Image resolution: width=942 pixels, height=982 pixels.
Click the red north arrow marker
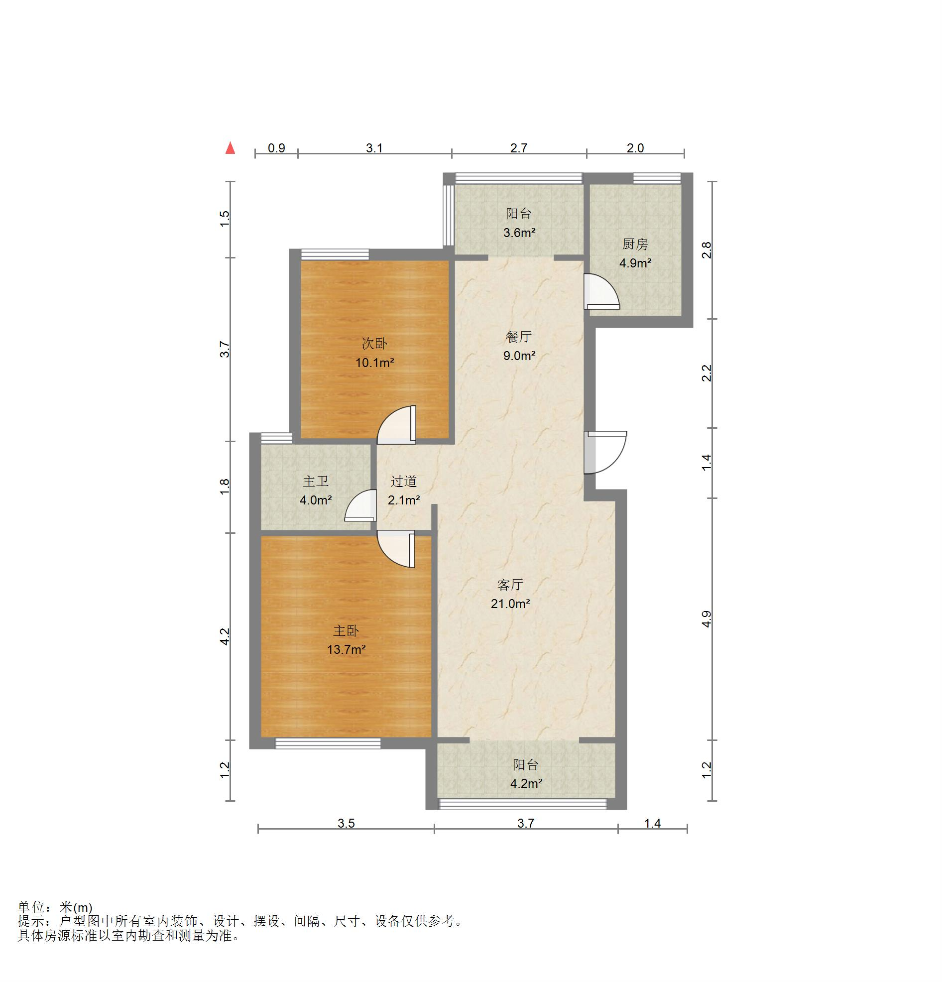(230, 148)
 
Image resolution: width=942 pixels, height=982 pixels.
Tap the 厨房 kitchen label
(635, 244)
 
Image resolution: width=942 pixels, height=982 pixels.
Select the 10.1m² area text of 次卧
(374, 362)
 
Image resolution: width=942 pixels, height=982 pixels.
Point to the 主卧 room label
(346, 631)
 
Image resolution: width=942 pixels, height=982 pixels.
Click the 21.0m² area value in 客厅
(510, 604)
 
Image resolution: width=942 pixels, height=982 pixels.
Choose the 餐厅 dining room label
(519, 337)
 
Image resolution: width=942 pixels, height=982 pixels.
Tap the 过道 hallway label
(403, 482)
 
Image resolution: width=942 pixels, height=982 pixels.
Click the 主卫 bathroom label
(316, 482)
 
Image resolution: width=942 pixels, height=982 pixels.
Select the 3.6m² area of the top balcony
(519, 233)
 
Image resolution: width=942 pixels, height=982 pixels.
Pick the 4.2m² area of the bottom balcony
(526, 783)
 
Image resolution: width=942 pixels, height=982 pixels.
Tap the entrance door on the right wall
(605, 452)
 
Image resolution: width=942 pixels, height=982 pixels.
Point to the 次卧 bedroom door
(396, 424)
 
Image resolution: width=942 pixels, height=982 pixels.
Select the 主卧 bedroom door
(396, 549)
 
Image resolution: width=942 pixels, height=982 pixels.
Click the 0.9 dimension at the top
(276, 148)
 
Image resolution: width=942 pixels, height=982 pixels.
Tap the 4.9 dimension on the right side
(706, 619)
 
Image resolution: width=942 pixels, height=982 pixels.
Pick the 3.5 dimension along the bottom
(346, 823)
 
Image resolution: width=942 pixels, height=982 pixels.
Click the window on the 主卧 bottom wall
(328, 744)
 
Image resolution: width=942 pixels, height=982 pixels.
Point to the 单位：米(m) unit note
(55, 907)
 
